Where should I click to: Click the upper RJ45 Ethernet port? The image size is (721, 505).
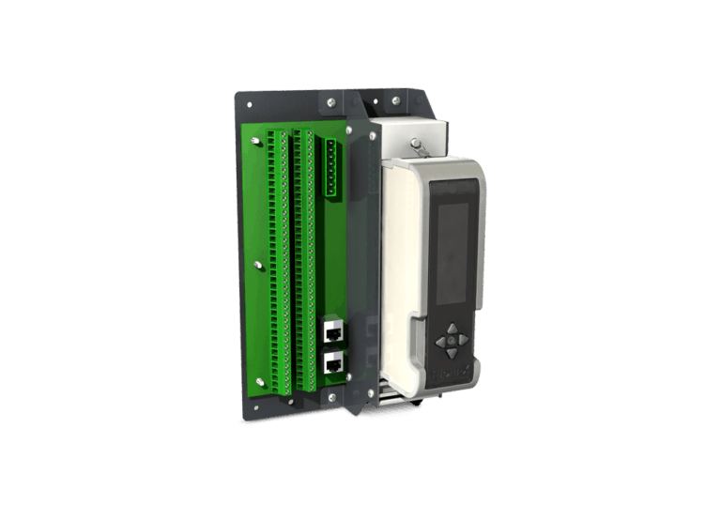point(332,330)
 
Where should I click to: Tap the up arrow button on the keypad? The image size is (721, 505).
point(453,330)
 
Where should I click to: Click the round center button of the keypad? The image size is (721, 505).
point(453,342)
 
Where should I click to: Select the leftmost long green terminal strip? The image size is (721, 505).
point(277,263)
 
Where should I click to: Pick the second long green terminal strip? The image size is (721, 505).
point(304,263)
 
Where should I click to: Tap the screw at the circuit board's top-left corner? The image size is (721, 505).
point(255,142)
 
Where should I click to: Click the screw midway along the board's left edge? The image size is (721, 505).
point(258,264)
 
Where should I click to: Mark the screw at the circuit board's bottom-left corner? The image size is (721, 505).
point(260,381)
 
